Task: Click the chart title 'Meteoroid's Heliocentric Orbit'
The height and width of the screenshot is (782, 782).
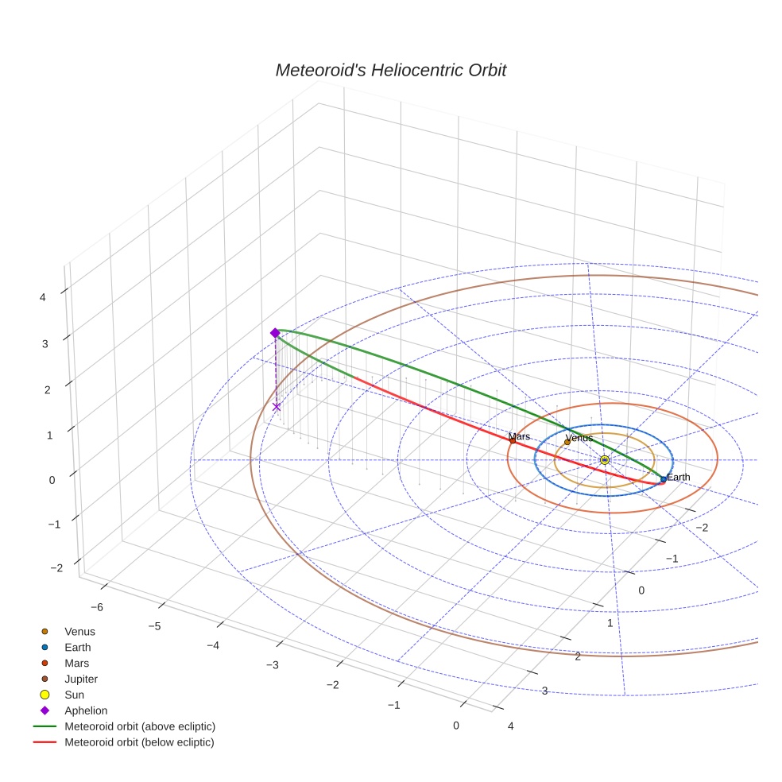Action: [x=390, y=71]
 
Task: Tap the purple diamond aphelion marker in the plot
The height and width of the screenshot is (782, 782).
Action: [x=275, y=333]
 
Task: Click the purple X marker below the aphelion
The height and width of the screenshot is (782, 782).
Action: [x=277, y=407]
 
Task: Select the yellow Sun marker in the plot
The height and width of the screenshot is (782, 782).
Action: [x=605, y=460]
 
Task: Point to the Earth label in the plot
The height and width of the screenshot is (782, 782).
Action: [x=679, y=477]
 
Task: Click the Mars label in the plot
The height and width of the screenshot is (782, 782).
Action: [x=519, y=436]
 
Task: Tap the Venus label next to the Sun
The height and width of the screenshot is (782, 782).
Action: [x=579, y=438]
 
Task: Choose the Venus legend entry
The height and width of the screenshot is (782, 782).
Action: [x=79, y=632]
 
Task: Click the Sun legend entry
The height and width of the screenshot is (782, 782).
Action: [x=74, y=695]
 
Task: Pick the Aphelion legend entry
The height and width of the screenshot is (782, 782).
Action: [x=85, y=711]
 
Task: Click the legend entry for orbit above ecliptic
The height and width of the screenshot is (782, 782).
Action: [x=140, y=727]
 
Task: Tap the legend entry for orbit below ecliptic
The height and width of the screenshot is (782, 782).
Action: [x=140, y=743]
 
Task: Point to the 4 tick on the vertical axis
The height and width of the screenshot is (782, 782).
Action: [x=43, y=297]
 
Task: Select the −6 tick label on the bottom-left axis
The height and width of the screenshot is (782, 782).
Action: [x=96, y=607]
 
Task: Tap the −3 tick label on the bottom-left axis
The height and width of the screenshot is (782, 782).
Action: [x=272, y=665]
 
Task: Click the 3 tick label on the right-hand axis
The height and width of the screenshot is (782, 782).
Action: [x=544, y=691]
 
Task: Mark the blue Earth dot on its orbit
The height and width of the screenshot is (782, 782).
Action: [x=664, y=479]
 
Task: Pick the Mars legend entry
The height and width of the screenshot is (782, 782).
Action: [x=76, y=664]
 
